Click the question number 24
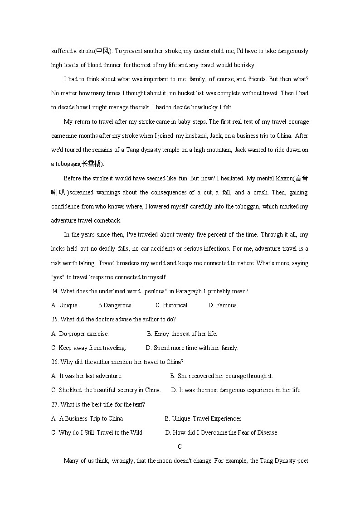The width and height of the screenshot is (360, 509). tap(55, 291)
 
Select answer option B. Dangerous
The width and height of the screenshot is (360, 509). tap(115, 305)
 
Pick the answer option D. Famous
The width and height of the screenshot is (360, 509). tap(223, 305)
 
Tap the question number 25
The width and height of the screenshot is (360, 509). tap(55, 319)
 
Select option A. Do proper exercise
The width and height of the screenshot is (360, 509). tap(80, 334)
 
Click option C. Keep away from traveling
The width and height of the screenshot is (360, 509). tap(88, 348)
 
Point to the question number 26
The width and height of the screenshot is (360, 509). tap(55, 362)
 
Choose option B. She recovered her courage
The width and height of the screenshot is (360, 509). tap(221, 376)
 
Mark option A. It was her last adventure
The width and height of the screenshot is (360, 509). tap(87, 376)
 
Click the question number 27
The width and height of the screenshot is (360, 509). tap(55, 404)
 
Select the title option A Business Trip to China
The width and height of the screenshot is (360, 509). tap(87, 418)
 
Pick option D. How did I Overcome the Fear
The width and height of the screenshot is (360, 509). tap(221, 432)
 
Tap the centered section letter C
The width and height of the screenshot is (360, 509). tap(180, 446)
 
